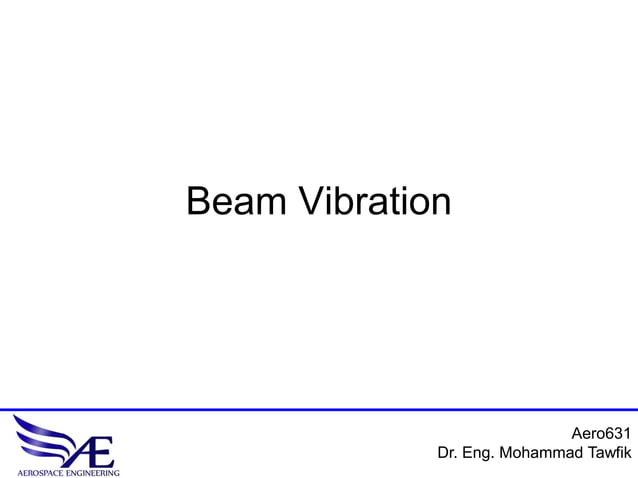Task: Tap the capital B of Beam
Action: tap(198, 202)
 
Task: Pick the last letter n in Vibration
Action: tap(441, 205)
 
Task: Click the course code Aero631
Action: tap(601, 434)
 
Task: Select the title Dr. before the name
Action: tap(448, 454)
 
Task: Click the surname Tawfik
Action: tap(610, 454)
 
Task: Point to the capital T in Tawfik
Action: tap(590, 454)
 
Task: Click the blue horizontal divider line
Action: tap(319, 410)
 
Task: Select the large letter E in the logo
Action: tap(101, 451)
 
